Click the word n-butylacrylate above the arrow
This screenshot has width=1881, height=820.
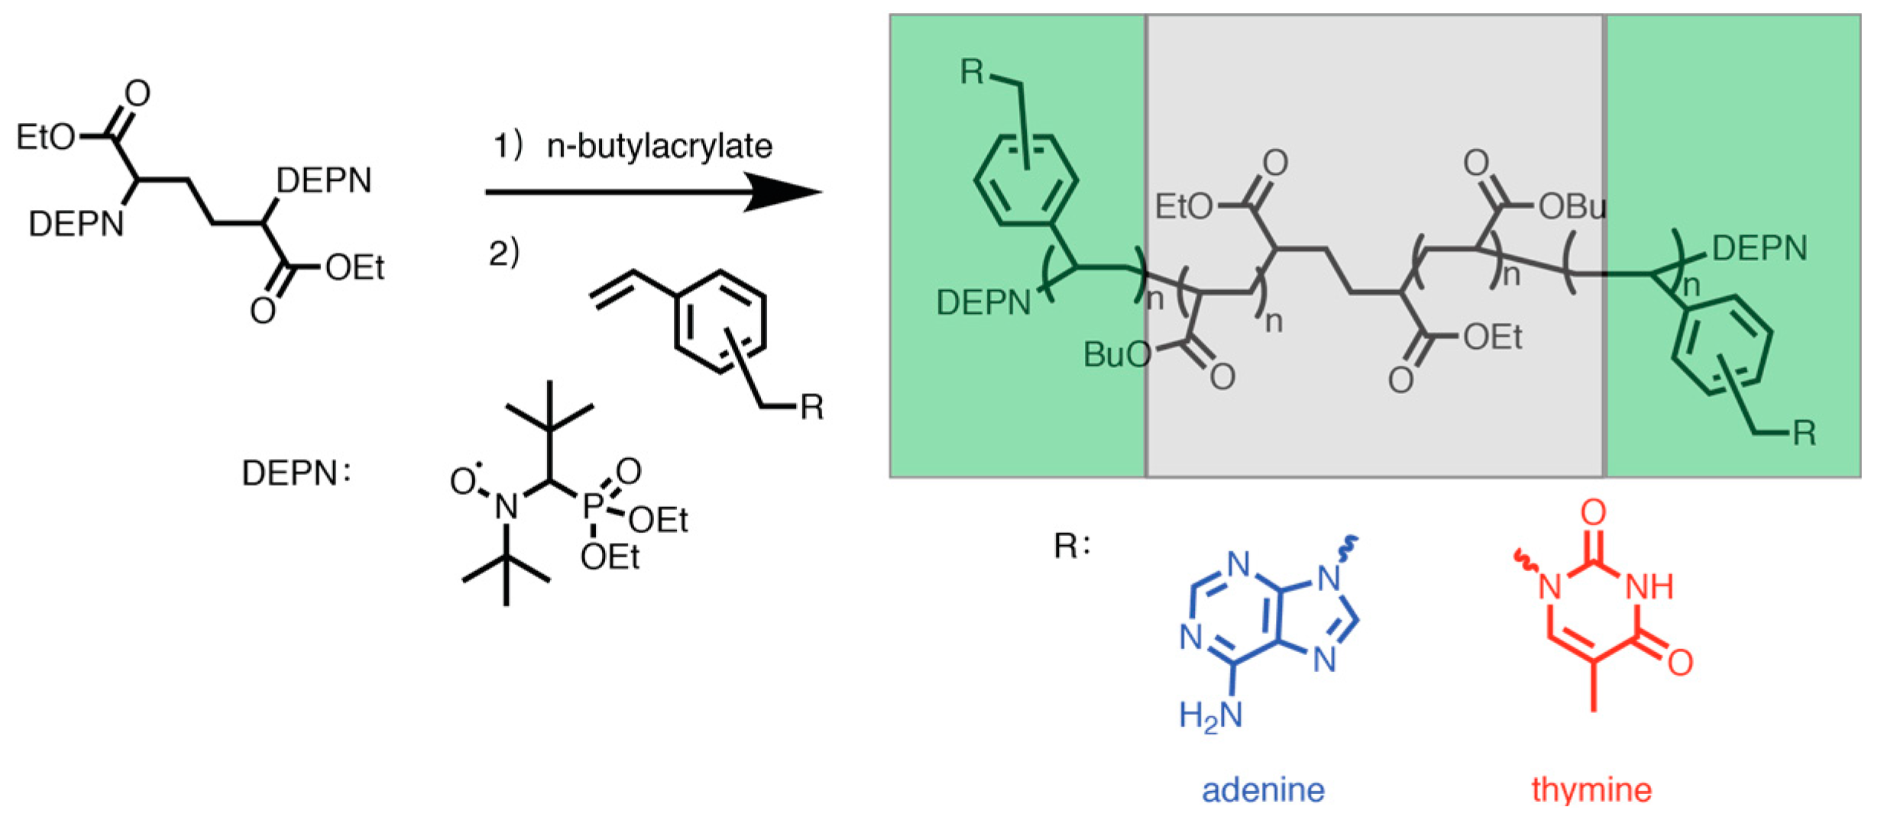(x=659, y=146)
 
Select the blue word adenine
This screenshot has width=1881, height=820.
(x=1263, y=789)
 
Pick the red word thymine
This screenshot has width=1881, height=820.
(x=1591, y=789)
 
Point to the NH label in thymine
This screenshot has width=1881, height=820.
(x=1649, y=587)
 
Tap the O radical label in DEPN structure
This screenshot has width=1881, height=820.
(x=464, y=480)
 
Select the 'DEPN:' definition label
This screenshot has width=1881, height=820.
(x=296, y=473)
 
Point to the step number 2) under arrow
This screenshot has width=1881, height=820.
(x=503, y=252)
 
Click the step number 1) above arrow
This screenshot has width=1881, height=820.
(x=507, y=145)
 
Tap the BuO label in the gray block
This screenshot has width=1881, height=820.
(x=1117, y=354)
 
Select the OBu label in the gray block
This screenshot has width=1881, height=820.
(x=1572, y=207)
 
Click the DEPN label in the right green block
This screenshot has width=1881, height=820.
(x=1760, y=249)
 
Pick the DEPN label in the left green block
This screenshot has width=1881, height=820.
(x=983, y=303)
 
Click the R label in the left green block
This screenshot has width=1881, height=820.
(x=973, y=72)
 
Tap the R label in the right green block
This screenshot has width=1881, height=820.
(x=1804, y=433)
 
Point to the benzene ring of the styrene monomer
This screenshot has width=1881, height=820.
(x=720, y=321)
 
